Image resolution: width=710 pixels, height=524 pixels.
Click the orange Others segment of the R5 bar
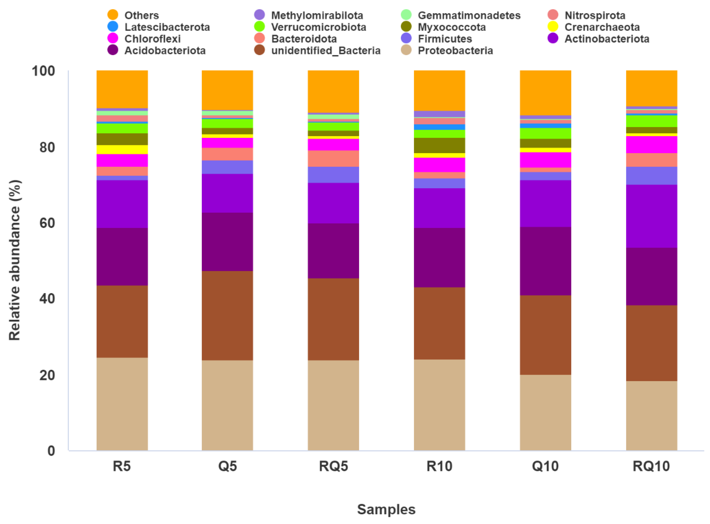click(x=122, y=89)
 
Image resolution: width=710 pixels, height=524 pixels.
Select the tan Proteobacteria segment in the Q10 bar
click(x=545, y=412)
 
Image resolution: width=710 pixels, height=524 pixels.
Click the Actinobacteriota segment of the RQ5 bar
click(x=333, y=203)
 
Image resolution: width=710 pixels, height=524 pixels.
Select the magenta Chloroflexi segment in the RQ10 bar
click(x=651, y=144)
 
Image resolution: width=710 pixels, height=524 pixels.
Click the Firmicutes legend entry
click(x=444, y=39)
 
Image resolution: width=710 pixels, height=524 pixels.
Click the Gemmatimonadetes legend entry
click(x=469, y=15)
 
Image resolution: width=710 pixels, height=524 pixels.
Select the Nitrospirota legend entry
click(x=595, y=15)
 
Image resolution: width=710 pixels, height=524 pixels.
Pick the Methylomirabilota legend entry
click(x=317, y=15)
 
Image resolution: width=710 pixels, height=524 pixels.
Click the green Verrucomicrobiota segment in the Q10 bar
click(x=545, y=133)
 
